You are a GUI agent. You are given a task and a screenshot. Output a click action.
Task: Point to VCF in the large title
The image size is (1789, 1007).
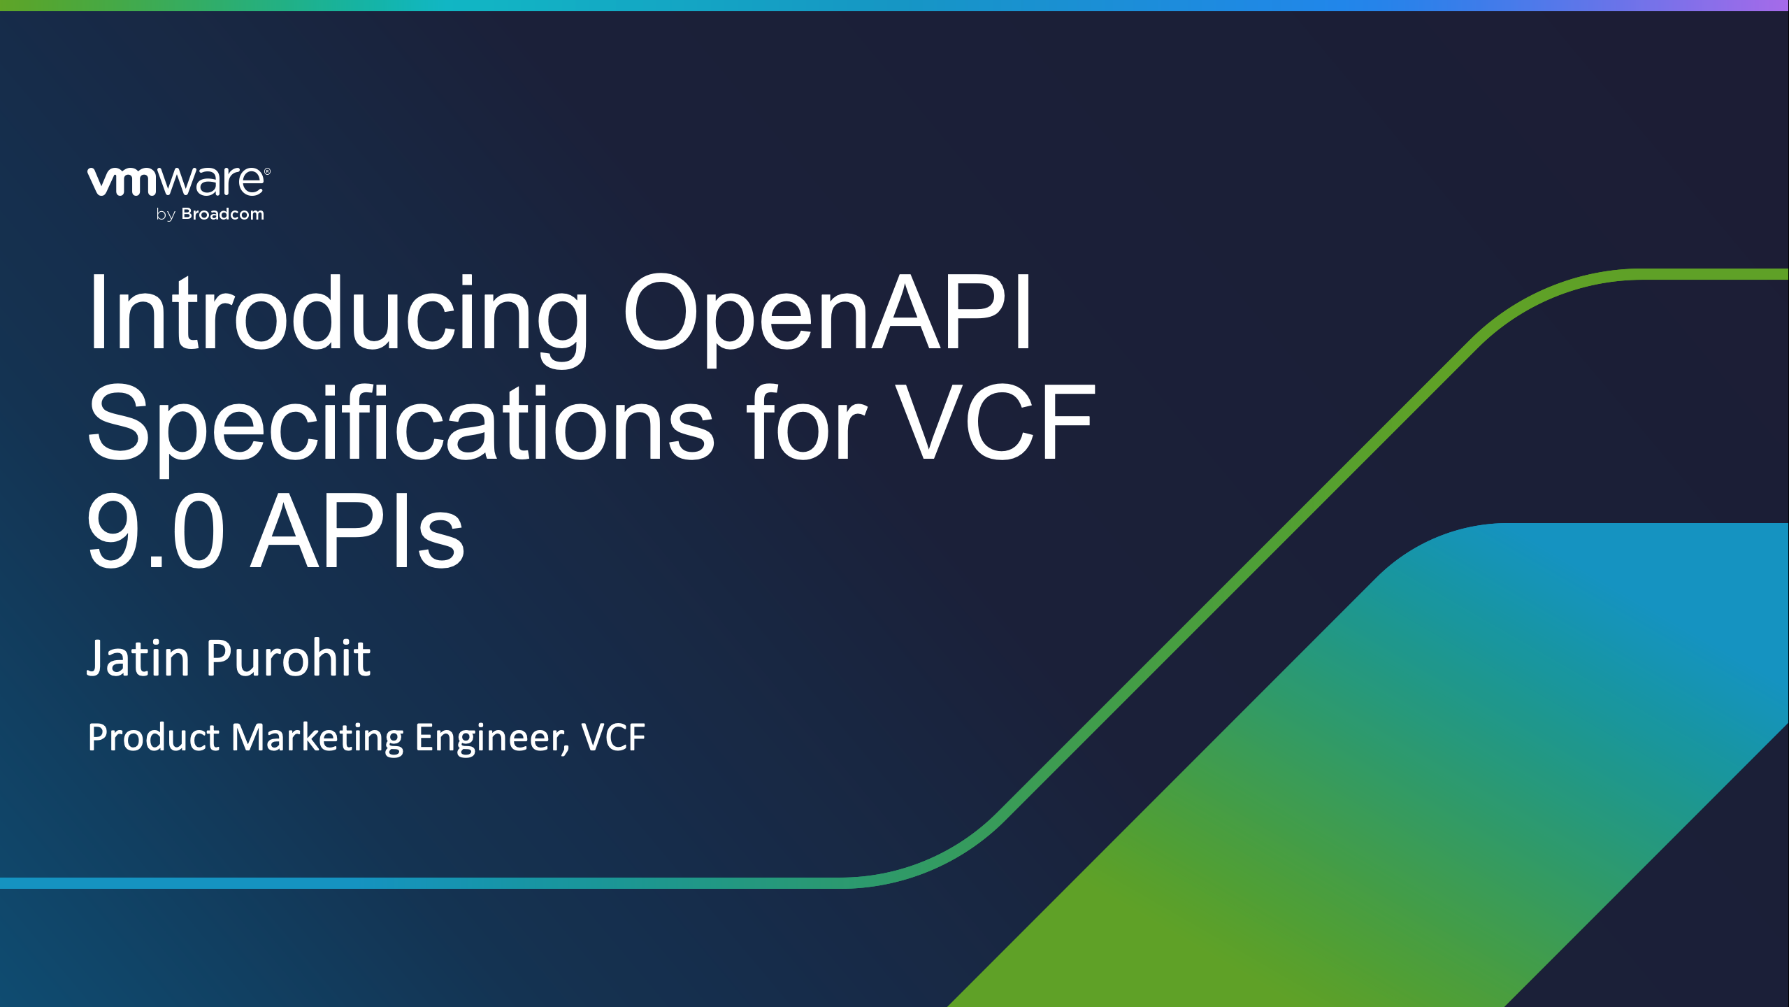[x=996, y=422]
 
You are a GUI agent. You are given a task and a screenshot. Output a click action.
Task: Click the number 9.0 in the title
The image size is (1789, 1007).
[x=155, y=531]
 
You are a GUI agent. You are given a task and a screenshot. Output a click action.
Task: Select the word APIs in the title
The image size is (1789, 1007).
[x=357, y=531]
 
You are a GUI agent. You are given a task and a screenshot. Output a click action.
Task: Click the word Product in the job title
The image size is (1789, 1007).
[x=154, y=737]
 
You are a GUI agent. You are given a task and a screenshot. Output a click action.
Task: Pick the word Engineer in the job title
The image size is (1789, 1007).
[x=489, y=738]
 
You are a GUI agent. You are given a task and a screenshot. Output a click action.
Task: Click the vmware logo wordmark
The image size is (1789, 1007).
[x=175, y=181]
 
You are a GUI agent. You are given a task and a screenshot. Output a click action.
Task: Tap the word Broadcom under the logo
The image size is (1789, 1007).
[x=223, y=214]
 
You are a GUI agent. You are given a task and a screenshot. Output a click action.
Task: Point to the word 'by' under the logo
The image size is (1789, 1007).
[x=166, y=215]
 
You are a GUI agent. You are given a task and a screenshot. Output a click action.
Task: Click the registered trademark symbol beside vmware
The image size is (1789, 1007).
[x=267, y=171]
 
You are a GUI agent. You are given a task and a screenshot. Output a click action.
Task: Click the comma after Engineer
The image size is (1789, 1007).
[x=567, y=752]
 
